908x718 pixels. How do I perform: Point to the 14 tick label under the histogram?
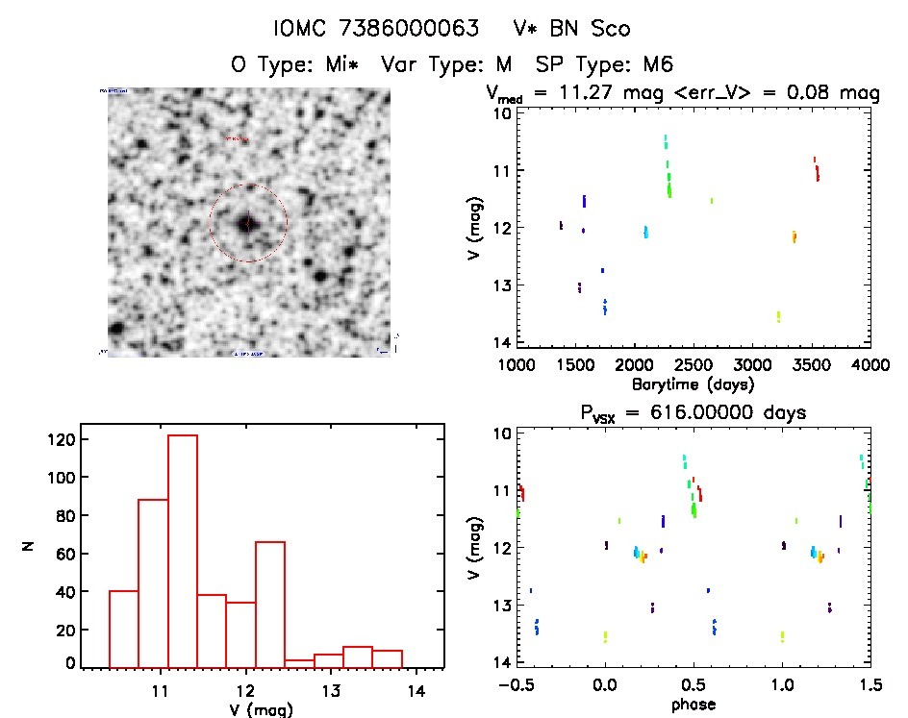coord(416,689)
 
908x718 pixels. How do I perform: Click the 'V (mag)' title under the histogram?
coord(264,709)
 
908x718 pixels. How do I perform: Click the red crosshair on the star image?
coord(248,223)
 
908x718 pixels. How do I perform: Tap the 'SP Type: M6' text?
coord(605,64)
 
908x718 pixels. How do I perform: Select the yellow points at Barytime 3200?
coord(778,316)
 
